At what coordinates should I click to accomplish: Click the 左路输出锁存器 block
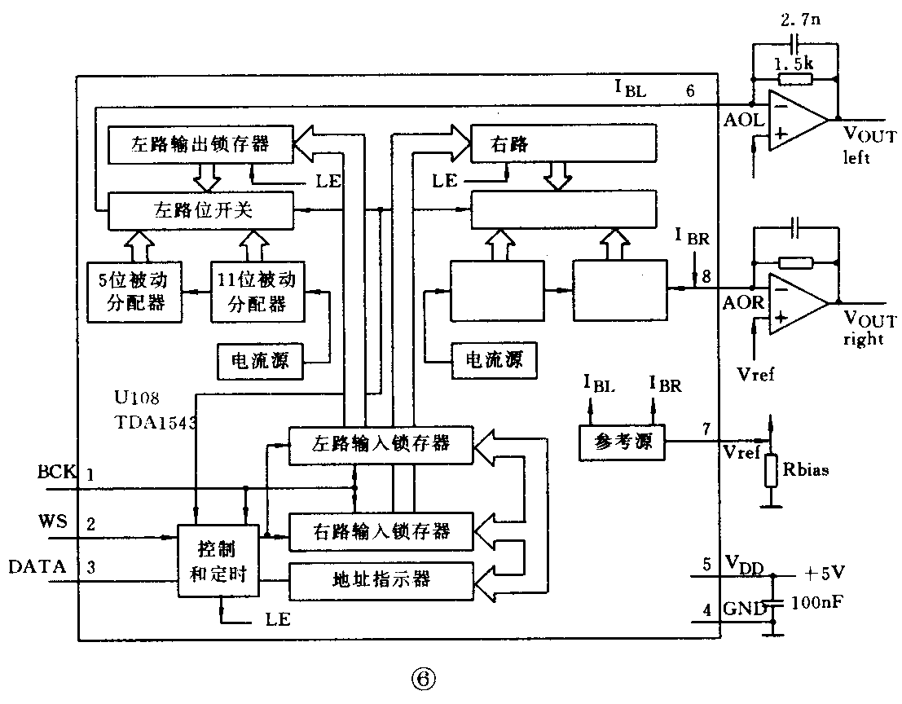click(200, 145)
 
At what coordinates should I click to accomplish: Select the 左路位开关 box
click(200, 210)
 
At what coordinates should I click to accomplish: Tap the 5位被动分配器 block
click(134, 292)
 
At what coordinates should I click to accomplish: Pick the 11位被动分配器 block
click(256, 292)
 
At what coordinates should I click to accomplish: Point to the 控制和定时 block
click(219, 561)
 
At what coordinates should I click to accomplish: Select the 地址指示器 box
click(381, 579)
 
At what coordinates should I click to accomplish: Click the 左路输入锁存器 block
click(381, 444)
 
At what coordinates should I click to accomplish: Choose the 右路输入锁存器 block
click(381, 531)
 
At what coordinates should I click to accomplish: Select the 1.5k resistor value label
click(795, 63)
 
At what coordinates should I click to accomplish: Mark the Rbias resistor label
click(807, 470)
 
